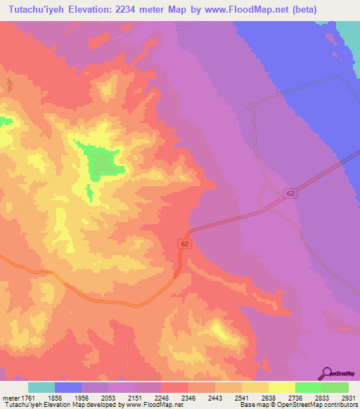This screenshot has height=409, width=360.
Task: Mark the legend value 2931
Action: click(x=349, y=398)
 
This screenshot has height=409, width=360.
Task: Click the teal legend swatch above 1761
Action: click(x=41, y=387)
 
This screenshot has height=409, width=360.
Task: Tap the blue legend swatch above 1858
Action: click(x=68, y=387)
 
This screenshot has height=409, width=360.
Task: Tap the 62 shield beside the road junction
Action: click(x=290, y=193)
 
